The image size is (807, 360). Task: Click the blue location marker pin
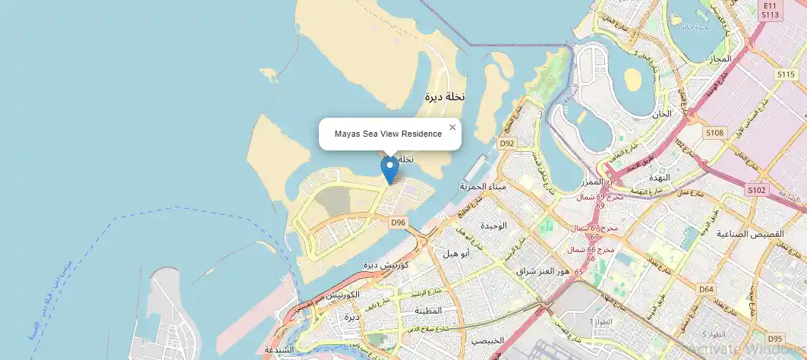pyautogui.click(x=389, y=169)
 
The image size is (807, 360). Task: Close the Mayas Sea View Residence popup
pyautogui.click(x=452, y=128)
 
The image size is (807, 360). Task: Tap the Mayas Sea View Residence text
pyautogui.click(x=388, y=134)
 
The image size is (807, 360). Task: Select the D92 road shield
pyautogui.click(x=507, y=143)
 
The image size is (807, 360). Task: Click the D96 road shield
pyautogui.click(x=399, y=223)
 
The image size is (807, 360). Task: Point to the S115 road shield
pyautogui.click(x=786, y=74)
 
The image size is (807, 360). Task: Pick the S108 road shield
pyautogui.click(x=714, y=133)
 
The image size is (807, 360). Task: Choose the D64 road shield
pyautogui.click(x=706, y=289)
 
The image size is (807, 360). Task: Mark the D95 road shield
pyautogui.click(x=775, y=338)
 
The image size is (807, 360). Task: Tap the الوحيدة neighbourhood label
pyautogui.click(x=493, y=226)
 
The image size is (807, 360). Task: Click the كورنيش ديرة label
pyautogui.click(x=386, y=265)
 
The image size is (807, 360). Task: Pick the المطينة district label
pyautogui.click(x=427, y=311)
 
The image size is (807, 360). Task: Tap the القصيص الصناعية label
pyautogui.click(x=759, y=235)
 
